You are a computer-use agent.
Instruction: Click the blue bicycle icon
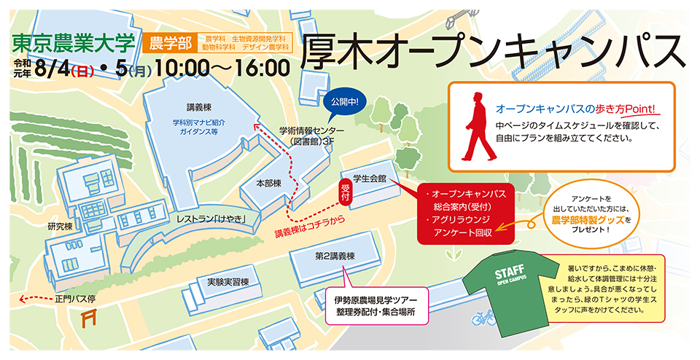pyautogui.click(x=483, y=318)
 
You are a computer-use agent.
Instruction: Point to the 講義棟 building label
pyautogui.click(x=198, y=105)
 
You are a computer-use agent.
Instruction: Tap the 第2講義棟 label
pyautogui.click(x=335, y=257)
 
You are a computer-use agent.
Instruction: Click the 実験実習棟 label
pyautogui.click(x=228, y=281)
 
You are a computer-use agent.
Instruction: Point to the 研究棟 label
pyautogui.click(x=60, y=227)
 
